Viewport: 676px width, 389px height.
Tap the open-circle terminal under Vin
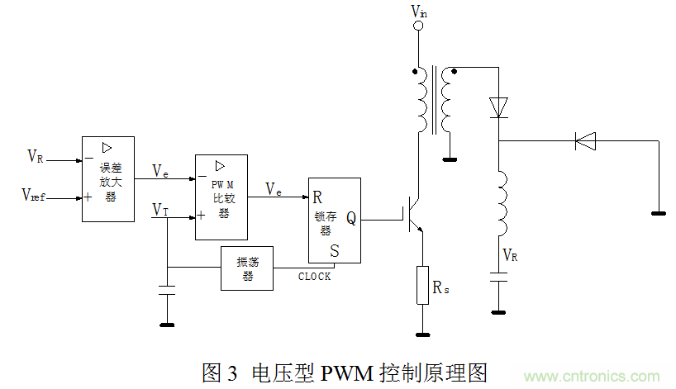tap(418, 26)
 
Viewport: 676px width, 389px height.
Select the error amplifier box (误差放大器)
tap(108, 178)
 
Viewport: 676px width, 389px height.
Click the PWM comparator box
tap(221, 197)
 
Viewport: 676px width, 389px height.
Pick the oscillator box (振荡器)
tap(246, 268)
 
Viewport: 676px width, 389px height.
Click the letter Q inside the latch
tap(350, 219)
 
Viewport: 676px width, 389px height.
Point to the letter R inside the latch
tap(317, 197)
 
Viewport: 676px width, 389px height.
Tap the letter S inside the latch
tap(334, 249)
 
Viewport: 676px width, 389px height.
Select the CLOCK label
tap(314, 277)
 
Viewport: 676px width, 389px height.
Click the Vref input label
tap(34, 195)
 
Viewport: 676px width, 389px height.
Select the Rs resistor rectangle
tap(422, 285)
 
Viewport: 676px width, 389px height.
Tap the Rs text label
tap(443, 287)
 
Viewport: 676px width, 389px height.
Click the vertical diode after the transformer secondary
tap(498, 107)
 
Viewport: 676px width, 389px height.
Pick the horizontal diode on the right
tap(585, 141)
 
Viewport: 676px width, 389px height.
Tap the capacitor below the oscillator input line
tap(167, 291)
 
